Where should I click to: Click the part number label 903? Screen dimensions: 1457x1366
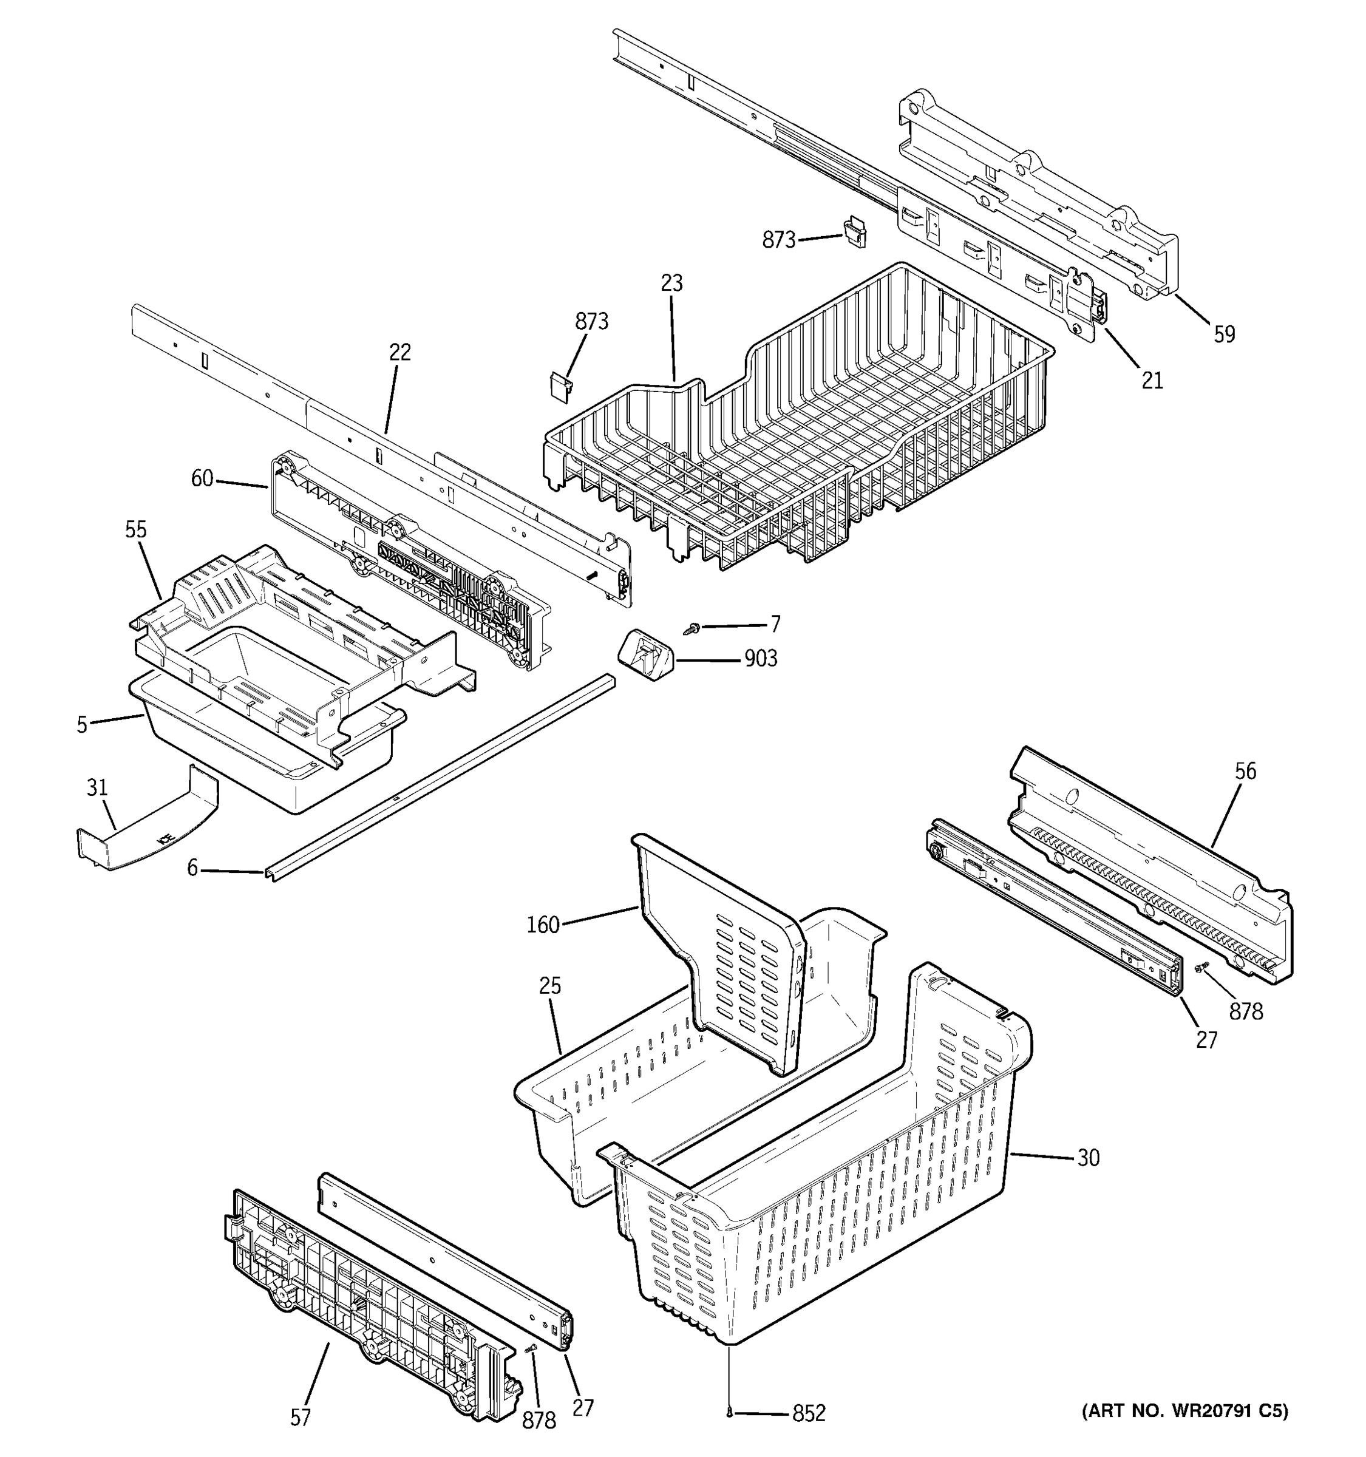click(760, 659)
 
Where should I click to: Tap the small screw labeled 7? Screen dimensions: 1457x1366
click(691, 628)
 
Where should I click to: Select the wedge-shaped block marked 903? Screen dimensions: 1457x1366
click(645, 654)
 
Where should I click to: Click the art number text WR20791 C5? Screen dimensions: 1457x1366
click(1184, 1411)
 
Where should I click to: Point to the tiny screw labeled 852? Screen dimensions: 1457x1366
click(730, 1413)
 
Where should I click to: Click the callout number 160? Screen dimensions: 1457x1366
click(543, 925)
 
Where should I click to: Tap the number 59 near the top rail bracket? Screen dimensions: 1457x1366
click(1224, 335)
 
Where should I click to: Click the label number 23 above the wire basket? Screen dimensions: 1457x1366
click(671, 283)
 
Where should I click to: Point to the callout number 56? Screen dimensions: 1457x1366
click(1245, 770)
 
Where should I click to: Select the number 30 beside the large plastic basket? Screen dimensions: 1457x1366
click(1089, 1158)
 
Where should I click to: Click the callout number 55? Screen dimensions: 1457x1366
click(135, 529)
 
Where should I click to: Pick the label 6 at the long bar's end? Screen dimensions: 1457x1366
click(192, 868)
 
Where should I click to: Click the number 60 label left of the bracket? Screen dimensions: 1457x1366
click(202, 478)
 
